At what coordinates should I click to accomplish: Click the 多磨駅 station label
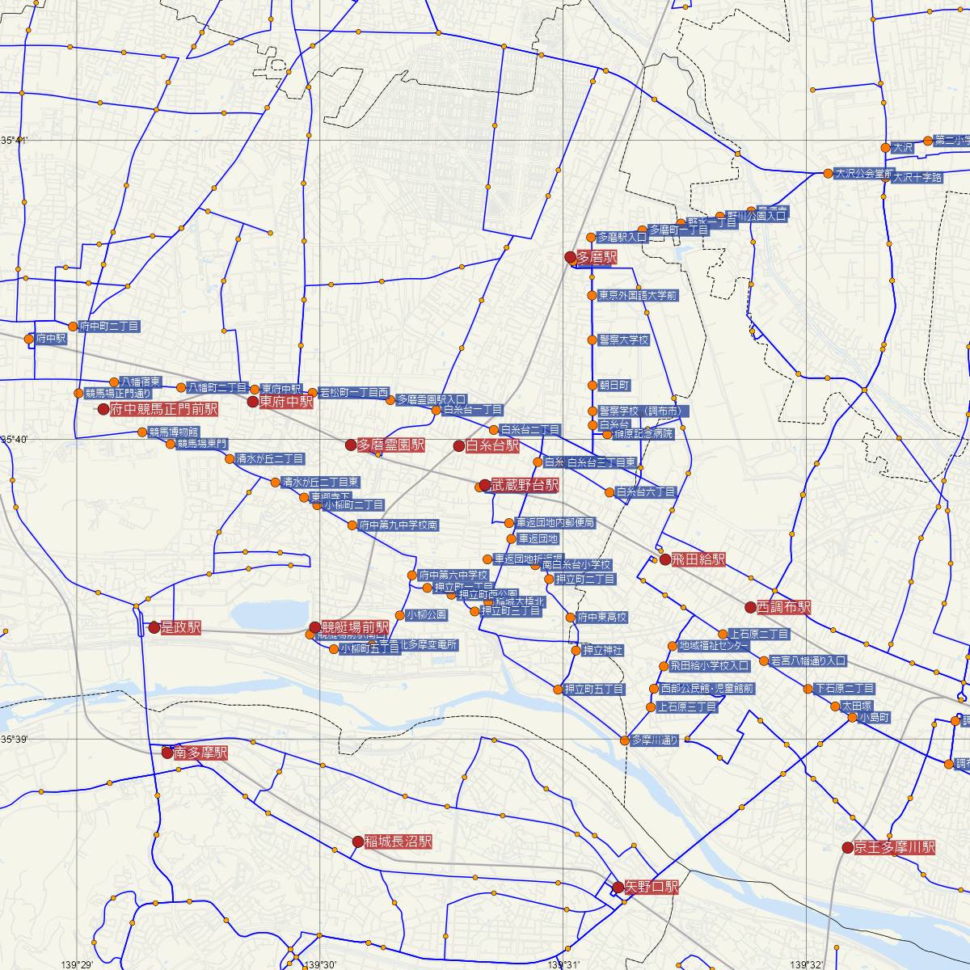coord(597,258)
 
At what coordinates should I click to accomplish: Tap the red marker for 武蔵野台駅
coord(484,485)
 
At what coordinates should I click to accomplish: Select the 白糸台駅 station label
coord(492,445)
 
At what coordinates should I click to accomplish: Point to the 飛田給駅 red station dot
coord(664,559)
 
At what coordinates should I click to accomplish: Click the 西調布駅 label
coord(783,607)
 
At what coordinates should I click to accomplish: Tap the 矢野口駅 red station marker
coord(618,887)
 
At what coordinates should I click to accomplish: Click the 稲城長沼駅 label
coord(399,841)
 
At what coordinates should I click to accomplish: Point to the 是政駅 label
coord(181,627)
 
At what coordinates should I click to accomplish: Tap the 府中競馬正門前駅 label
coord(164,409)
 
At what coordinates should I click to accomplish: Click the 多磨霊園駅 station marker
coord(351,445)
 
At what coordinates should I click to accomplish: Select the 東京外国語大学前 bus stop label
coord(638,296)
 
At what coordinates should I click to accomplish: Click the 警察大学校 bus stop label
coord(624,340)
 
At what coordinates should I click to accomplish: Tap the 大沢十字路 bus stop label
coord(917,177)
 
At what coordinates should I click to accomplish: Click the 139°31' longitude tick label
coord(563,964)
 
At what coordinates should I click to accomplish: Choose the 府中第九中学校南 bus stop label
coord(399,525)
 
